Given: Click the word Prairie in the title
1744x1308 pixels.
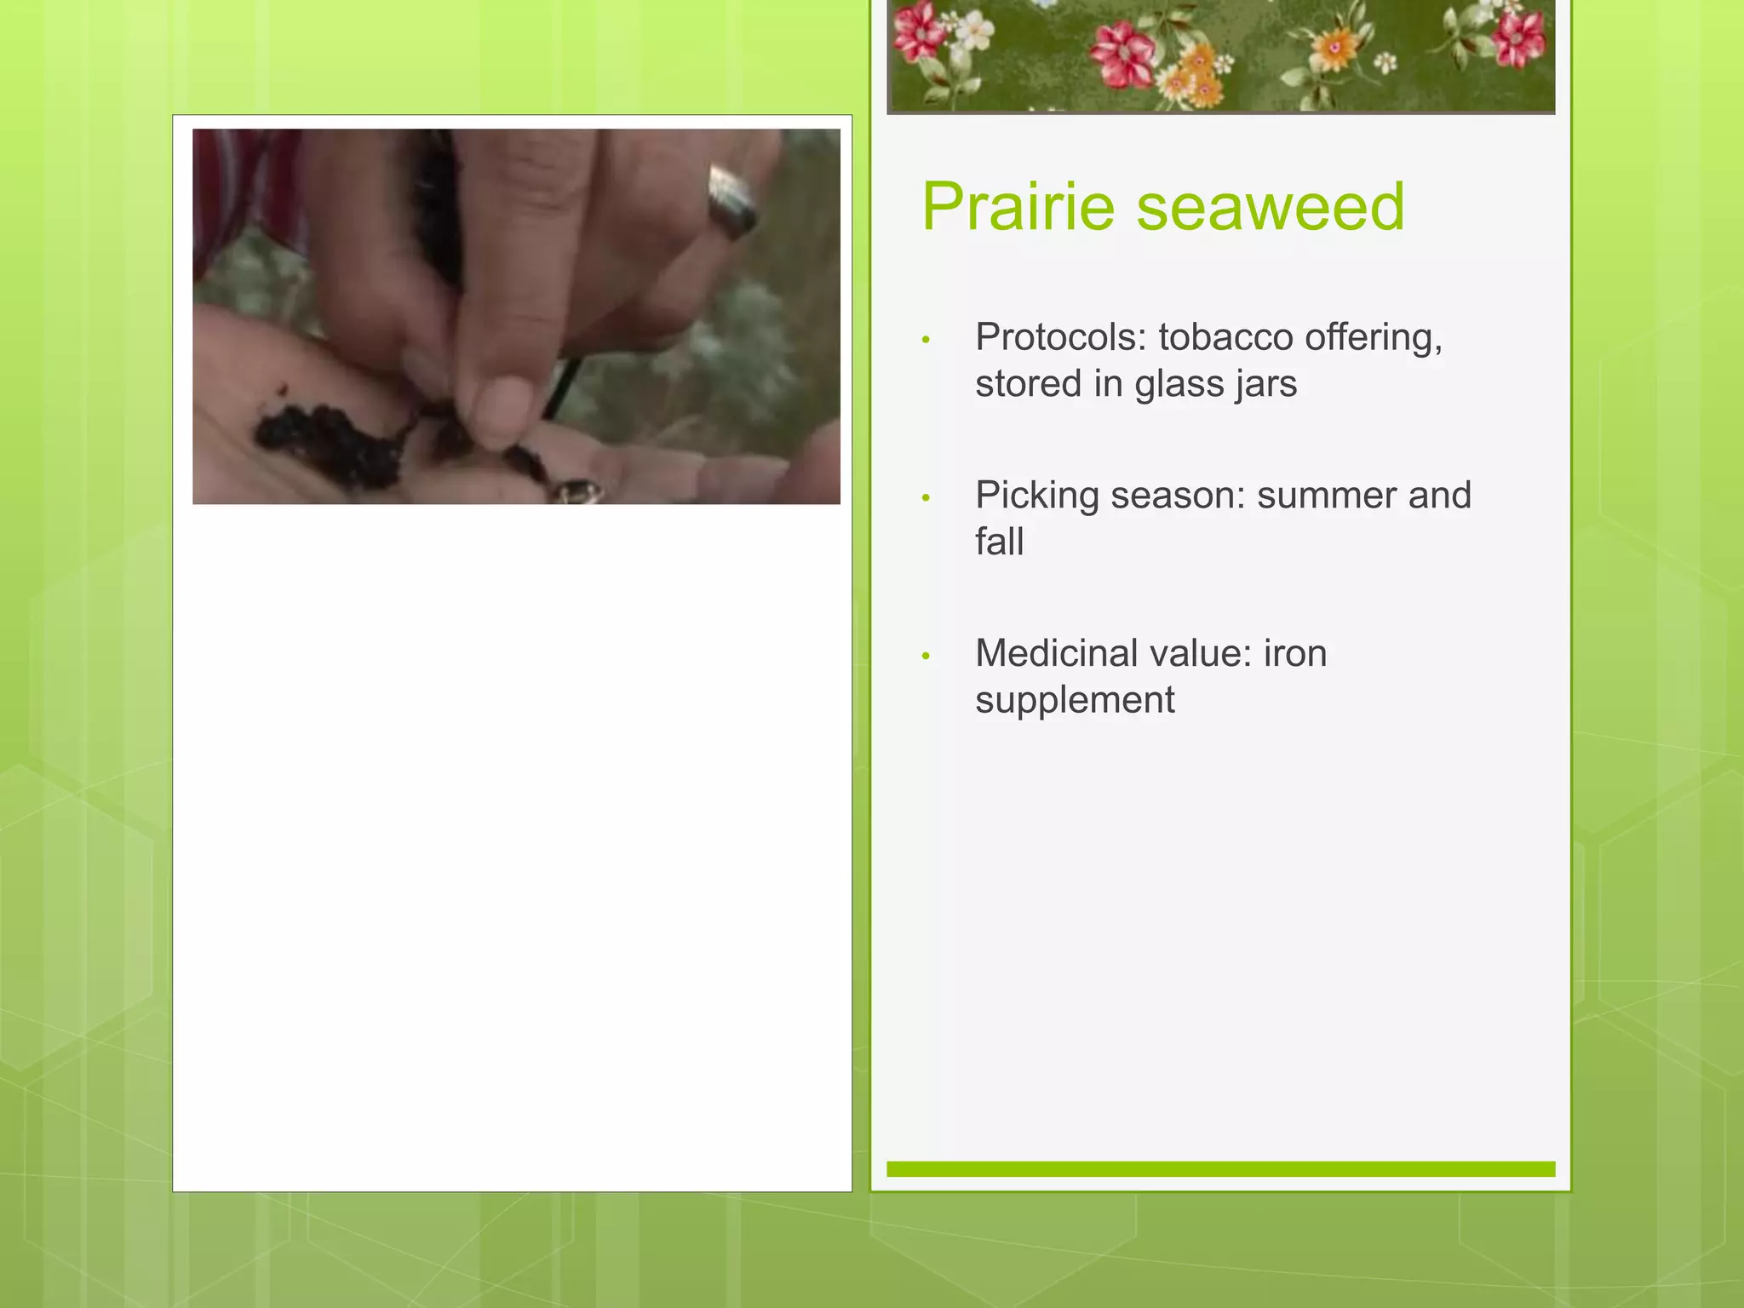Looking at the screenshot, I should pos(1018,207).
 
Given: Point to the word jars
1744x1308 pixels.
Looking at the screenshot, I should pos(1262,385).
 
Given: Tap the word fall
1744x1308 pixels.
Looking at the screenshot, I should pos(999,542).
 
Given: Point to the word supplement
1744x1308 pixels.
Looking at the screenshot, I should pos(1075,701).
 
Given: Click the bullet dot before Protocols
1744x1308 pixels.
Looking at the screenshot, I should pos(926,341).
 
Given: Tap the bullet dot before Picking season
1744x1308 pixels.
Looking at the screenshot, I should pos(926,498).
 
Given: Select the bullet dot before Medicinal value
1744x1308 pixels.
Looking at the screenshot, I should pos(926,656).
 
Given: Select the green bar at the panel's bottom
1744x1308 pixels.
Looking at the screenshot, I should pos(1220,1168).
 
